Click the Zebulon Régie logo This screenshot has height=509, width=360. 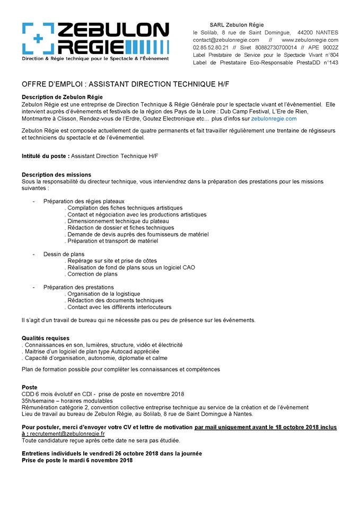tap(95, 41)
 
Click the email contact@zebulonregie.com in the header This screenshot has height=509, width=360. tap(226, 40)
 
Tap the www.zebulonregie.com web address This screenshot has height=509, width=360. tap(310, 40)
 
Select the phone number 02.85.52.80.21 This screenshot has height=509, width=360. tap(210, 47)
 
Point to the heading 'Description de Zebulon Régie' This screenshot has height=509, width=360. tap(62, 97)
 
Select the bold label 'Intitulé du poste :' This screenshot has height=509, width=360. tap(45, 156)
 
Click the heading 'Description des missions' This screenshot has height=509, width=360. tap(56, 174)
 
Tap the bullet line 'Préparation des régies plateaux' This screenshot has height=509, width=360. tap(84, 201)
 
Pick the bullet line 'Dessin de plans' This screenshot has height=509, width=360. tap(64, 254)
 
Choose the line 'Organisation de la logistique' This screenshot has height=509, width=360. tap(103, 294)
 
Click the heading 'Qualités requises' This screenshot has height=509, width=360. tap(46, 338)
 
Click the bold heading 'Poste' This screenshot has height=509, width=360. tap(30, 387)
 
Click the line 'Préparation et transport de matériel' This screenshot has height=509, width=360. tap(113, 241)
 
